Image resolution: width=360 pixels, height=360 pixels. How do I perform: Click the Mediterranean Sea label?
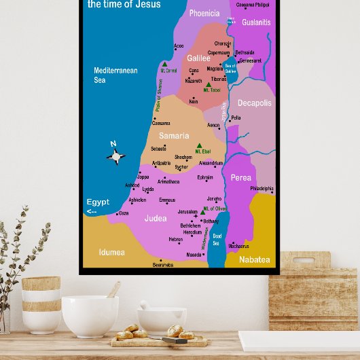pos(115,75)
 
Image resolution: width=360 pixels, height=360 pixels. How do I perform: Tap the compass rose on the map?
pos(115,157)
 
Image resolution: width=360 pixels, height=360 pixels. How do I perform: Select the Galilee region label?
pos(199,58)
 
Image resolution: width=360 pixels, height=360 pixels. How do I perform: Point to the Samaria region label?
pos(174,136)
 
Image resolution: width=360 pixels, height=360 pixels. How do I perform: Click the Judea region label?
pos(156,219)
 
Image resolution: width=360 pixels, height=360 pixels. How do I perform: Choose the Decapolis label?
pos(255,103)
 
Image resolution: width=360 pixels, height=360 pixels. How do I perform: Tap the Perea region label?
pos(240,178)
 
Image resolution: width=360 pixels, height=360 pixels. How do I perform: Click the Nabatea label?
pos(255,259)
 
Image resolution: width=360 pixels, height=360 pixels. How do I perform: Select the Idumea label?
pos(112,252)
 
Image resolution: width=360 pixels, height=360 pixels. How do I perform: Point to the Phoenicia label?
pos(204,13)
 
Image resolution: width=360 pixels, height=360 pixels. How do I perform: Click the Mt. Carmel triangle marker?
pos(164,64)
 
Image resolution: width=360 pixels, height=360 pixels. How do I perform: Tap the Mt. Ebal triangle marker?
pos(199,145)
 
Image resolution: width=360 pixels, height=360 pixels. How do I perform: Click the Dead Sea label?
pos(217,239)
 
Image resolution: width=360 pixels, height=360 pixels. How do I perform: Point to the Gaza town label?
pos(123,213)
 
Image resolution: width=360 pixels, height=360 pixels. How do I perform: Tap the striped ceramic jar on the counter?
pos(41,303)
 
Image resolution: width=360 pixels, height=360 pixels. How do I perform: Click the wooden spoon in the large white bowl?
pos(113,290)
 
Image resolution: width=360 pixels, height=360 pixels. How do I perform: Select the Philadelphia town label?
pos(262,188)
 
